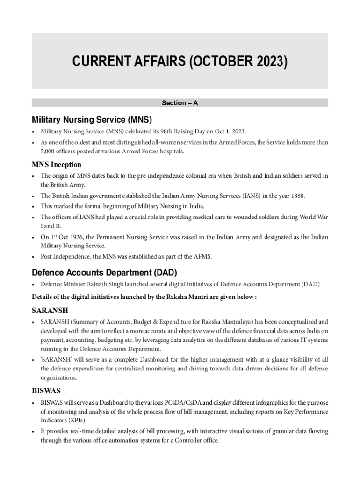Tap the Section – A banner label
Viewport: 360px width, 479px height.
point(180,103)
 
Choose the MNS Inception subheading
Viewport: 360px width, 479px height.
point(57,165)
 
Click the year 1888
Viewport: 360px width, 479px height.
point(297,196)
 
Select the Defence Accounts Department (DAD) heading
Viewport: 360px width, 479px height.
point(104,272)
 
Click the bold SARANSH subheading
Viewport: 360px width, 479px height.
point(50,311)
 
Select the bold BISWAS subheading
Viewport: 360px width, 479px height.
point(46,390)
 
